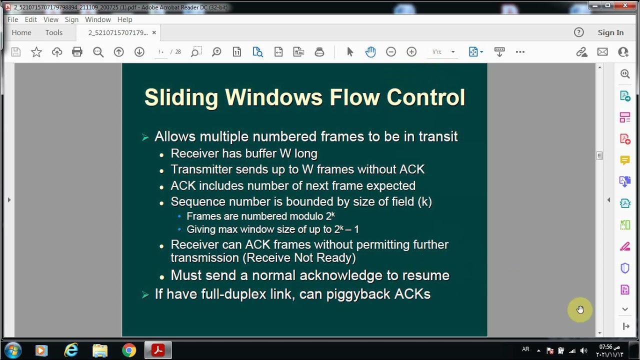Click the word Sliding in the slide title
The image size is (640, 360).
181,97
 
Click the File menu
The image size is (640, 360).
12,19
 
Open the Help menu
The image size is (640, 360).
124,19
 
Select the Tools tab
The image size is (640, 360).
54,32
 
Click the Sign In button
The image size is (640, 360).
610,32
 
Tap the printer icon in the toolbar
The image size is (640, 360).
77,52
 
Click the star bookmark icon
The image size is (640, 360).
36,52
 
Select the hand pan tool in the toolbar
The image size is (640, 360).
370,52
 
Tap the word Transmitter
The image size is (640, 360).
201,169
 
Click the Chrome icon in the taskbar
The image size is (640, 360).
129,350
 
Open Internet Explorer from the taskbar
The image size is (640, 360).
71,350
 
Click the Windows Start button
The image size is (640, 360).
12,350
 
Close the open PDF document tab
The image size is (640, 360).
154,32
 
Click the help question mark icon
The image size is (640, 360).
579,32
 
